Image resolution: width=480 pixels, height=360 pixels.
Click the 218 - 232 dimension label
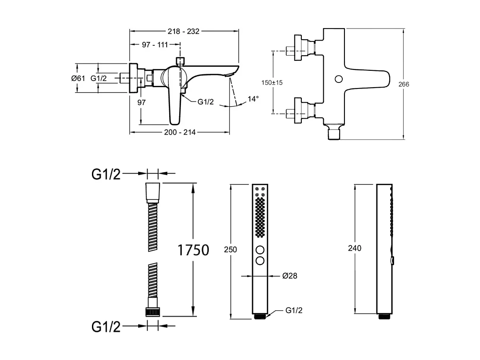tap(183, 32)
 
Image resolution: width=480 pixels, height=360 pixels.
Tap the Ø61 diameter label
tap(78, 78)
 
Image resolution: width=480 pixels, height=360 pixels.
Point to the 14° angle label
tap(253, 99)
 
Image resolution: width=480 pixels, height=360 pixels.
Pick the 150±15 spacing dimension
tap(272, 82)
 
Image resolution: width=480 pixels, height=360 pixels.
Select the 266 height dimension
tap(404, 84)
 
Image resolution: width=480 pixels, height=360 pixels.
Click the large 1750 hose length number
tap(193, 249)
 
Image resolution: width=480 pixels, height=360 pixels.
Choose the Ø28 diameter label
tap(290, 276)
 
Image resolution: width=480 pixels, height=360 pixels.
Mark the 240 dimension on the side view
tap(355, 248)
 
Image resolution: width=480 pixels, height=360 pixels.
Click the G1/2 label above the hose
tap(106, 174)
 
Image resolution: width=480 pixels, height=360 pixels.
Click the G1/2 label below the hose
tap(106, 327)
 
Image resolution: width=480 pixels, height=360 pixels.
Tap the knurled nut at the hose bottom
tap(152, 312)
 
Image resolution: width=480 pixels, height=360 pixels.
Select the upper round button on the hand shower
tap(260, 250)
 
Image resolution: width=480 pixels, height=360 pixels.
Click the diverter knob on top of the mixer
tap(180, 60)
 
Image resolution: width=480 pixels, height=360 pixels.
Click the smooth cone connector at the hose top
tap(152, 192)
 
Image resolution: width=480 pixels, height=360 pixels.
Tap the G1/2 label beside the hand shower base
tap(294, 310)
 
